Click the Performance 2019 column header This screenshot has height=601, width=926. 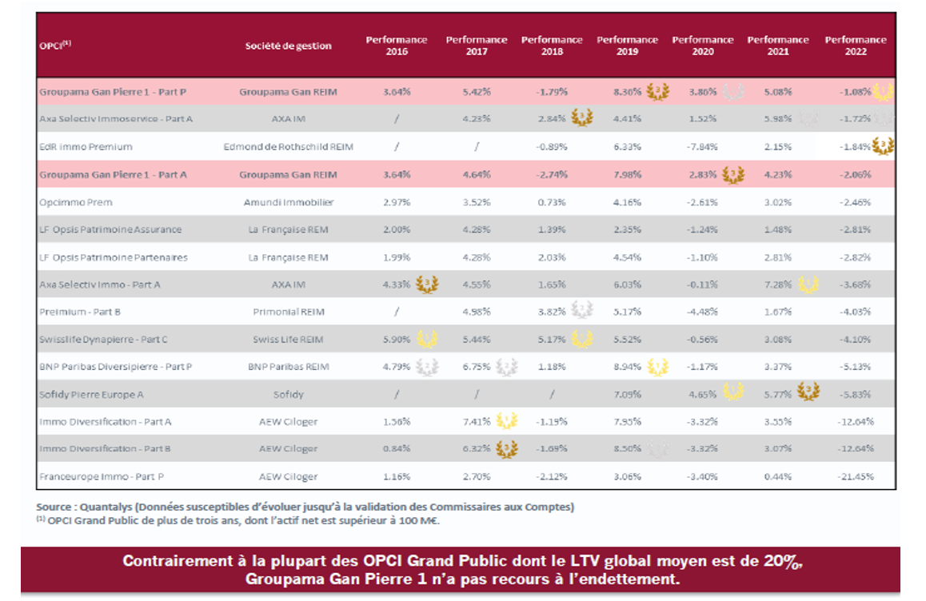[x=627, y=46]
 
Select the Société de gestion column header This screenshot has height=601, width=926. [x=288, y=46]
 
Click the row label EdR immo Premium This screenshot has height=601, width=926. [x=86, y=147]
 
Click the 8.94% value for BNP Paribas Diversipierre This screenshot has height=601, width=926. [x=627, y=367]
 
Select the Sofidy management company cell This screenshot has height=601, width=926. [x=288, y=394]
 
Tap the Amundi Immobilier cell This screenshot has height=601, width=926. [x=288, y=202]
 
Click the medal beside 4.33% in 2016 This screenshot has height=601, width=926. [x=427, y=285]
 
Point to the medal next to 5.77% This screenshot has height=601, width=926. [x=808, y=392]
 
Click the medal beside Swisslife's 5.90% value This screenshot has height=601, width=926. [x=427, y=339]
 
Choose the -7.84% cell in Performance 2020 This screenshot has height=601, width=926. [x=703, y=147]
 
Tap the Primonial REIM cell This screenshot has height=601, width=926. [x=288, y=312]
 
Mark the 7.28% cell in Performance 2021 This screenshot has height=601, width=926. [x=778, y=285]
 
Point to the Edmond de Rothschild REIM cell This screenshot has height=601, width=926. [x=288, y=147]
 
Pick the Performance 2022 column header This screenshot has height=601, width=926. [x=855, y=46]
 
